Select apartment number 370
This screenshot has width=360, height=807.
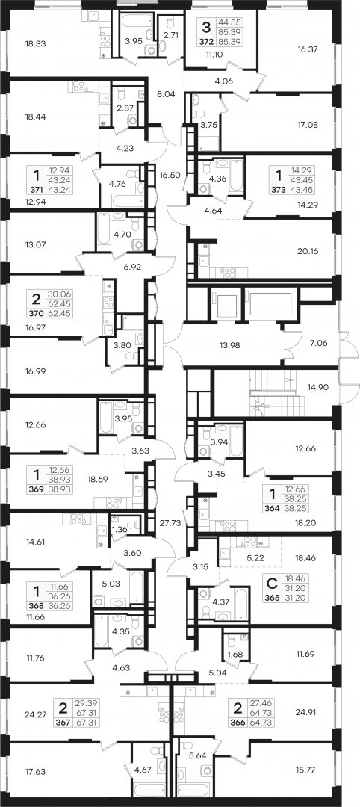coord(34,312)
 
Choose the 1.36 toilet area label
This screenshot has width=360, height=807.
coord(119,530)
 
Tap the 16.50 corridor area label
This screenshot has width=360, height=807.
coord(170,175)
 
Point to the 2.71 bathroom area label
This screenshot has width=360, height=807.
coord(167,36)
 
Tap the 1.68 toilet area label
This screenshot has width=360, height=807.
coord(235,655)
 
